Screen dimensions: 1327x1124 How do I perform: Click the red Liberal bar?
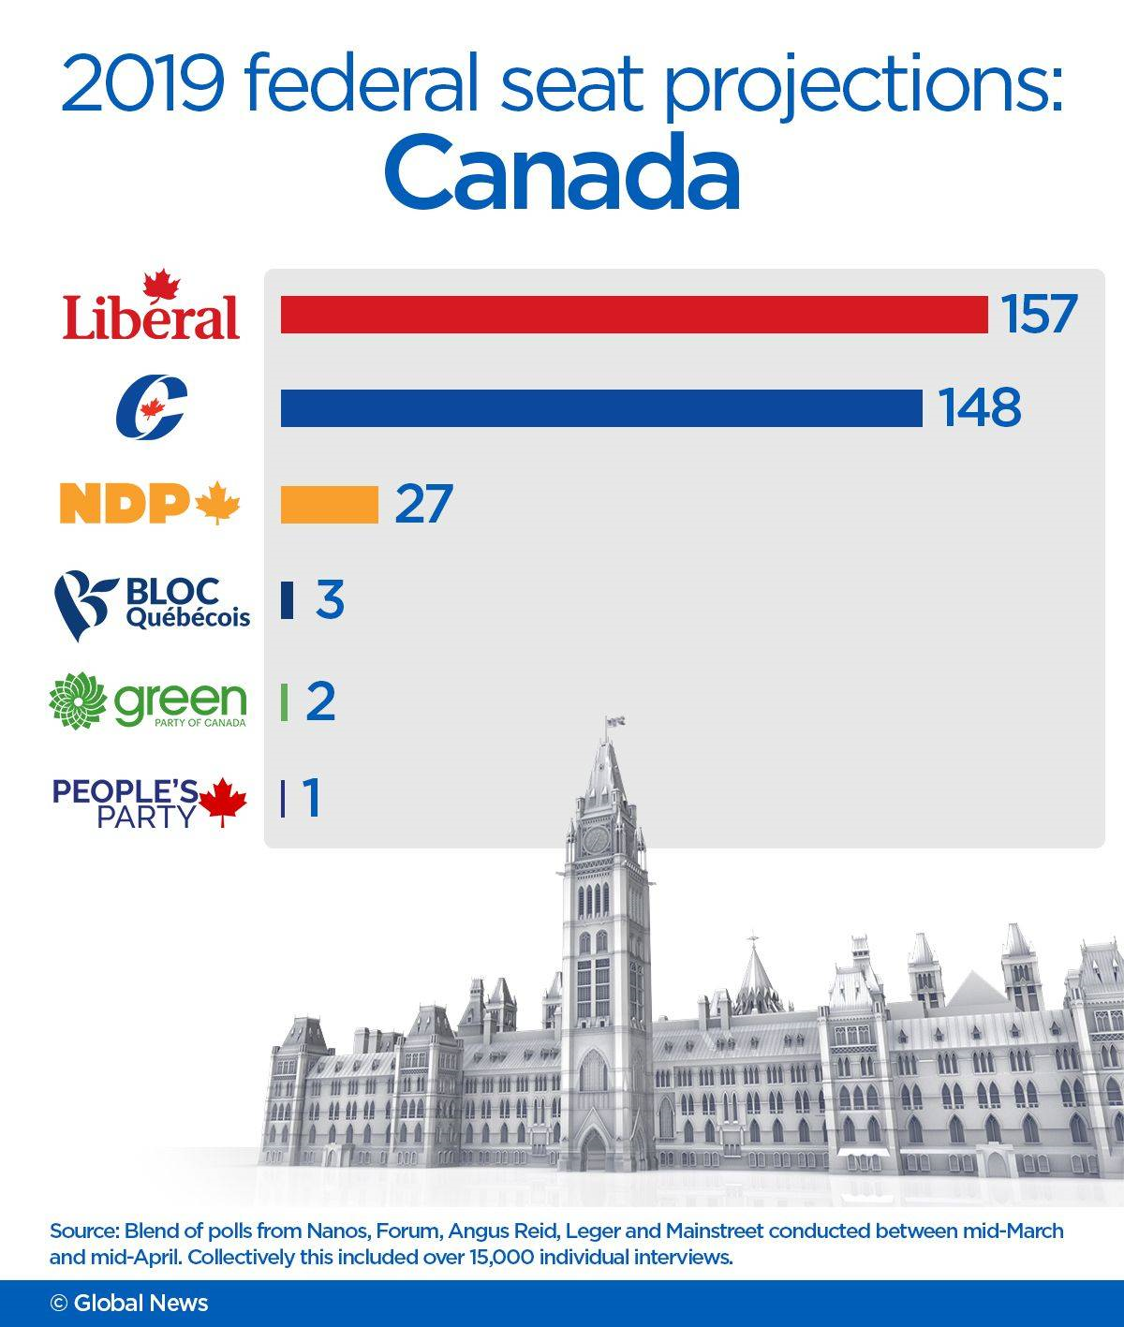pyautogui.click(x=634, y=315)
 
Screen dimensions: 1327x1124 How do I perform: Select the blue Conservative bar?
pyautogui.click(x=601, y=408)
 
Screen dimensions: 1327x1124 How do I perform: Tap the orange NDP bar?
pyautogui.click(x=329, y=505)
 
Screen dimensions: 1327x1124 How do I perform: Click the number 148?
pyautogui.click(x=980, y=408)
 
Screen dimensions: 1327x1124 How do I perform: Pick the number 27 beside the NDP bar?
pyautogui.click(x=423, y=504)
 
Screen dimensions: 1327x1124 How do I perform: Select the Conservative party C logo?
pyautogui.click(x=151, y=406)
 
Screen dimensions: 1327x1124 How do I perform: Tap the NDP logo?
pyautogui.click(x=150, y=504)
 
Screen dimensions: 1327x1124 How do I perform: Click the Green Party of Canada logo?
pyautogui.click(x=148, y=700)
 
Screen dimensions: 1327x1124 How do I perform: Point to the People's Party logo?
pyautogui.click(x=150, y=802)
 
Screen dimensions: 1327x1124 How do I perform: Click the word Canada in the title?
pyautogui.click(x=562, y=173)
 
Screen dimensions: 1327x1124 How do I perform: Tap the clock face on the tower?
pyautogui.click(x=596, y=839)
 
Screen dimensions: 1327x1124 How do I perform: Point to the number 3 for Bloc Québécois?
pyautogui.click(x=330, y=600)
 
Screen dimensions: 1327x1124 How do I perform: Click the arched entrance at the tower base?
pyautogui.click(x=594, y=1148)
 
